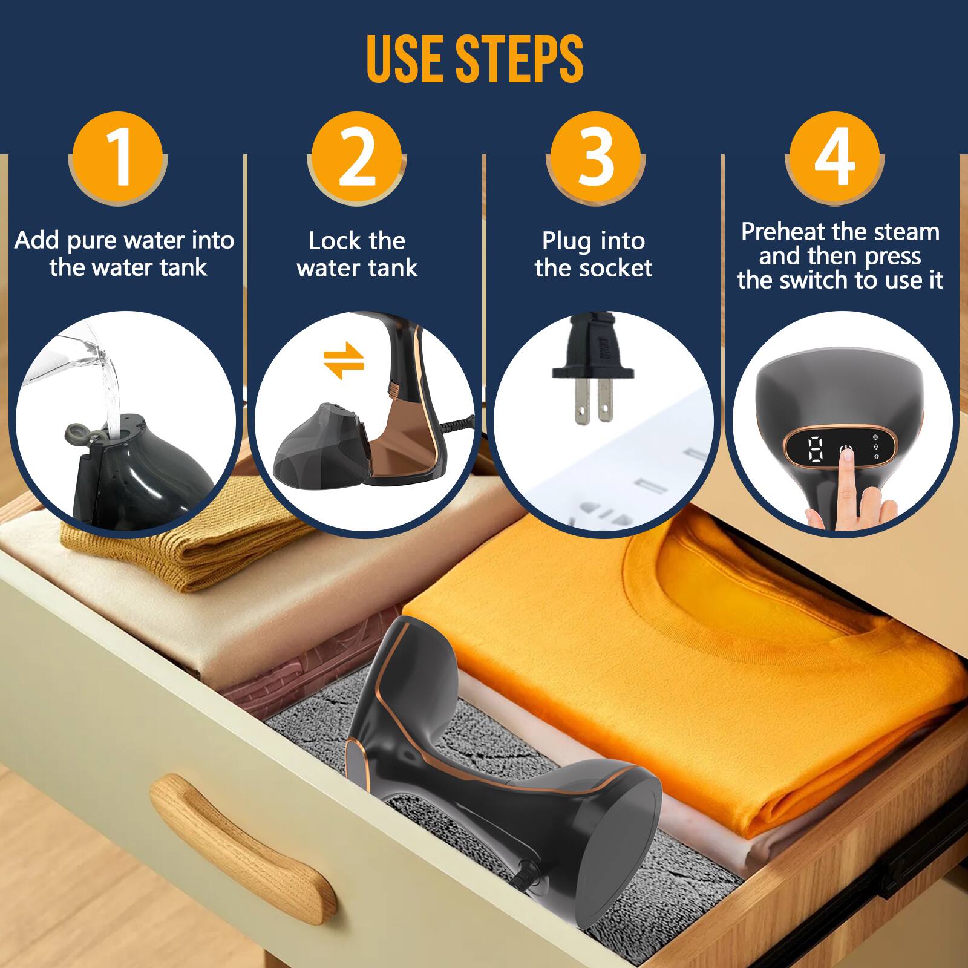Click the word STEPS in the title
pyautogui.click(x=518, y=59)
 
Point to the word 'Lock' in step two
pyautogui.click(x=333, y=241)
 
